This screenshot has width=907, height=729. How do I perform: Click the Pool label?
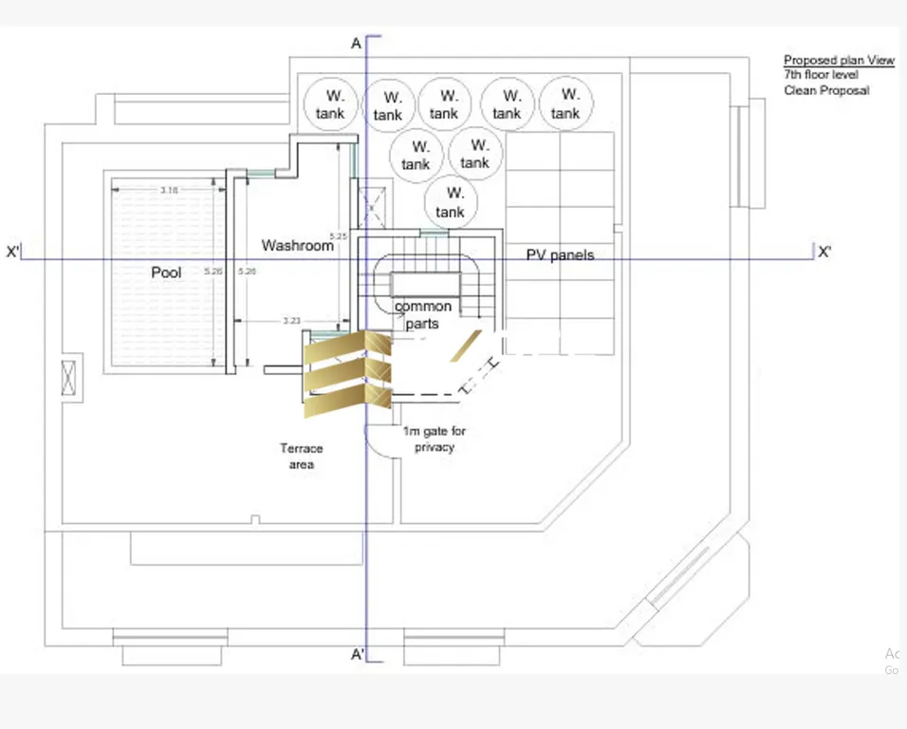tap(166, 272)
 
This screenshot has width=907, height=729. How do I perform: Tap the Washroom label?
tap(298, 246)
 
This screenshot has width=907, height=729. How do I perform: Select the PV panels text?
tap(560, 254)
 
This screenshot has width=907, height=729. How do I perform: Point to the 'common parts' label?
tap(422, 315)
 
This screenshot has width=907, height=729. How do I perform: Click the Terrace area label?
tap(301, 456)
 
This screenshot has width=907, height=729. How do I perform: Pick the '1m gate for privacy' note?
tap(435, 439)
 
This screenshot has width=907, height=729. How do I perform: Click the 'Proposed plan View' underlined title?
tap(839, 60)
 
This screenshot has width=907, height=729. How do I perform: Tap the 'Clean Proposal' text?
tap(825, 90)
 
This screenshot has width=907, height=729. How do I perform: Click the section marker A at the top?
tap(357, 44)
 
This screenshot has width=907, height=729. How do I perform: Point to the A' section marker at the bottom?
tap(359, 655)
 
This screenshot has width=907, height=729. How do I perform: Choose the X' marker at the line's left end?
tap(13, 252)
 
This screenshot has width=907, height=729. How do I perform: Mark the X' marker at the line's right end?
tap(824, 252)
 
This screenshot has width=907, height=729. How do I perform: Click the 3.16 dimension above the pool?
tap(169, 191)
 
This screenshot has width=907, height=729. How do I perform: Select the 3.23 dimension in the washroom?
tap(292, 321)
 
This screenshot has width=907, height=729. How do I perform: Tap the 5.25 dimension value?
tap(339, 235)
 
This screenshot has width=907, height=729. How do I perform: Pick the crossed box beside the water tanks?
tap(372, 201)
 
